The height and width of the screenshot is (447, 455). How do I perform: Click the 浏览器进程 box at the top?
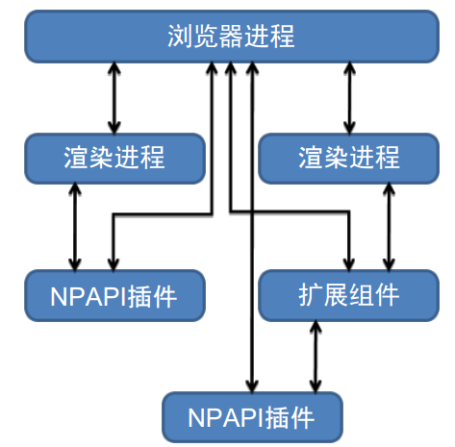pyautogui.click(x=232, y=37)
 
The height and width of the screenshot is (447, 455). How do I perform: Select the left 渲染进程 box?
pyautogui.click(x=114, y=159)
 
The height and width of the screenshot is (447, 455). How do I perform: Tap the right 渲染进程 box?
pyautogui.click(x=348, y=159)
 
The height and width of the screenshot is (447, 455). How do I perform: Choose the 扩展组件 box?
pyautogui.click(x=348, y=295)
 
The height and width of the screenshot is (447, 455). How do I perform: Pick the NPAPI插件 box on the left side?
pyautogui.click(x=114, y=295)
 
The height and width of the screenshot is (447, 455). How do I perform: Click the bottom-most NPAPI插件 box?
pyautogui.click(x=252, y=417)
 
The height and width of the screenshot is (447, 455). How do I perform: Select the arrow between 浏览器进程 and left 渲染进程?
pyautogui.click(x=114, y=98)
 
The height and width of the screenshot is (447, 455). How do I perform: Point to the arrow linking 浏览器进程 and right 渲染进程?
pyautogui.click(x=349, y=98)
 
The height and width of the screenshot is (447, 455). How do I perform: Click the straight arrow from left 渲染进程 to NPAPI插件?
pyautogui.click(x=75, y=227)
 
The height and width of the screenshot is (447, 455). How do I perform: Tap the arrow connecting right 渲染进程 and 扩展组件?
pyautogui.click(x=389, y=227)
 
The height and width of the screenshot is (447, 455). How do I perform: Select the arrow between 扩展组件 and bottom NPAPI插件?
pyautogui.click(x=316, y=357)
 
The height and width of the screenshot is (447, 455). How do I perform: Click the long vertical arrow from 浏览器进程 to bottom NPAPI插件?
pyautogui.click(x=252, y=227)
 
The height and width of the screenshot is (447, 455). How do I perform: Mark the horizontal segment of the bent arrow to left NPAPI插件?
pyautogui.click(x=163, y=213)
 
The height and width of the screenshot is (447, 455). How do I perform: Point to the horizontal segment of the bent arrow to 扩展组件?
pyautogui.click(x=290, y=211)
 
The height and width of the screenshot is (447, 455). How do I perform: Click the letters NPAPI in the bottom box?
pyautogui.click(x=224, y=417)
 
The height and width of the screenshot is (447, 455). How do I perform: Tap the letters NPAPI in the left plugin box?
pyautogui.click(x=87, y=296)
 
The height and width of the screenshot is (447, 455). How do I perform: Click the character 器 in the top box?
pyautogui.click(x=232, y=36)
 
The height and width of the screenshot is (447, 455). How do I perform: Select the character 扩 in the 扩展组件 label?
pyautogui.click(x=311, y=295)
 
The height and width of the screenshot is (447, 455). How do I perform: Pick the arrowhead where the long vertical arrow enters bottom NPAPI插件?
pyautogui.click(x=252, y=385)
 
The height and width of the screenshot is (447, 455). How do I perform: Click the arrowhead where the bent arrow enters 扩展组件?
pyautogui.click(x=349, y=264)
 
